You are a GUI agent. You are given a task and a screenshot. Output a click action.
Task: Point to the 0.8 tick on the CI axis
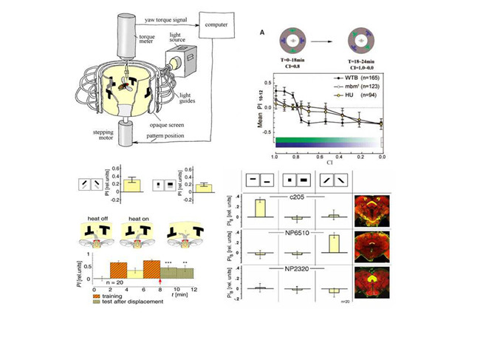[x=295, y=157]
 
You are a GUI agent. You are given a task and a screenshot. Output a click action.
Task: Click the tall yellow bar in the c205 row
[x=260, y=207]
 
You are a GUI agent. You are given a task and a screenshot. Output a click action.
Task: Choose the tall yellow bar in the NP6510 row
[x=334, y=243]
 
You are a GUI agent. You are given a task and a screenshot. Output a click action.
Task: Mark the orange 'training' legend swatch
[x=92, y=294]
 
